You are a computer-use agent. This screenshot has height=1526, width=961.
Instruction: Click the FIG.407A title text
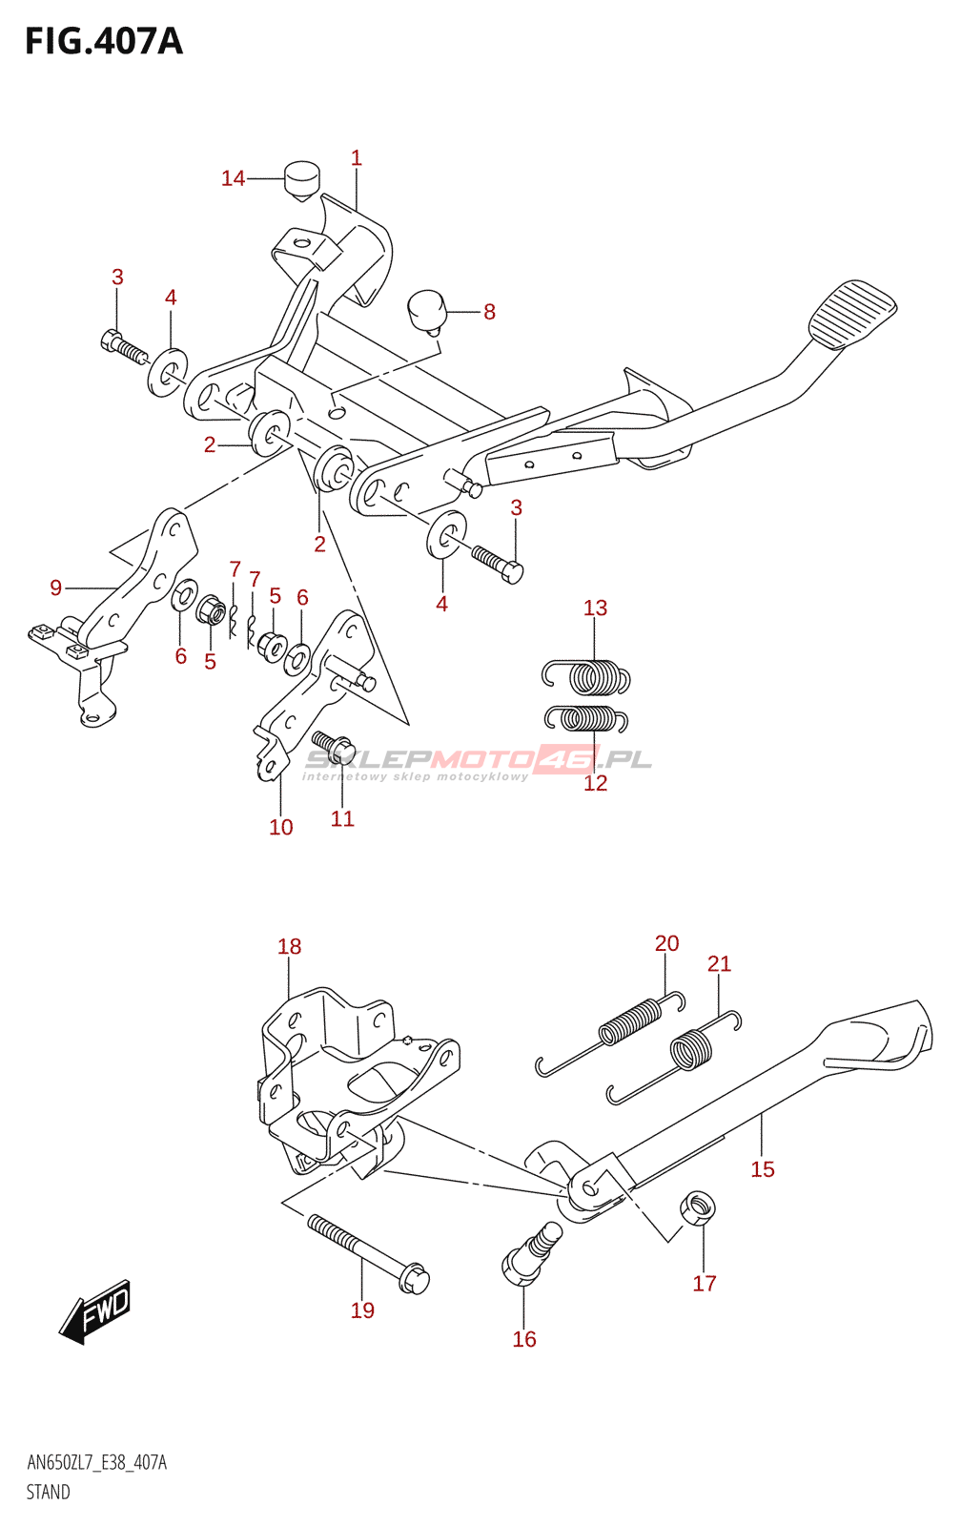click(103, 42)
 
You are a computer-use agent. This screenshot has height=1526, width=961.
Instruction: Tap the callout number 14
click(233, 178)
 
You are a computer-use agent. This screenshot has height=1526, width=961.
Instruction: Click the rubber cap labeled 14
click(301, 179)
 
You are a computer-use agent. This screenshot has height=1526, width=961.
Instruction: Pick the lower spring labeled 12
click(586, 717)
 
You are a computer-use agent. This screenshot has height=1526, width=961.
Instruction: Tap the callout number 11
click(342, 818)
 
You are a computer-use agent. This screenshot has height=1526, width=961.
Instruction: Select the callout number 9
click(56, 588)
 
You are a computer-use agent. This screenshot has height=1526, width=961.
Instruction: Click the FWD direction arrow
click(95, 1311)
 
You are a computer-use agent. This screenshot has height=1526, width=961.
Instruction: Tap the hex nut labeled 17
click(698, 1207)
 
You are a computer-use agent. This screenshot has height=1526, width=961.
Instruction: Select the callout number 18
click(290, 946)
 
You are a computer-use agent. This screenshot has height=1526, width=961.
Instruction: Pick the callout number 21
click(719, 964)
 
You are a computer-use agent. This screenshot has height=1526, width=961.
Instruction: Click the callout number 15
click(763, 1169)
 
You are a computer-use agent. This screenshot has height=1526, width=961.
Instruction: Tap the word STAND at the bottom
click(49, 1492)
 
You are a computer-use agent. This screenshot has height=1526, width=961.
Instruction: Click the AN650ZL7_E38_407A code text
click(96, 1463)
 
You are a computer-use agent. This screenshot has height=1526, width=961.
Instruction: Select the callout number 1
click(357, 158)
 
